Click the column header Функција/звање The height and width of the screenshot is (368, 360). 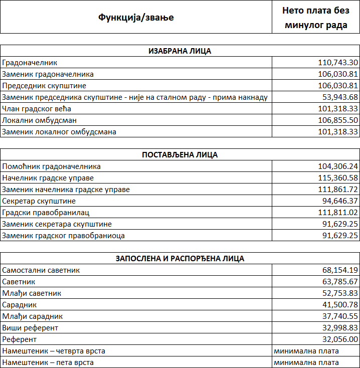(x=136, y=18)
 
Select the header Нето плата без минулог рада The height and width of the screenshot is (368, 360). (x=315, y=18)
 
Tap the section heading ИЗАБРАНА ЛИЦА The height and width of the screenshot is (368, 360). (x=180, y=51)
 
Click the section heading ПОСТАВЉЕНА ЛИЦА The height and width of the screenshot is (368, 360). (x=180, y=155)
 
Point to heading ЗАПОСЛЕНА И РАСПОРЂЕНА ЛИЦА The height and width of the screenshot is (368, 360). (x=180, y=259)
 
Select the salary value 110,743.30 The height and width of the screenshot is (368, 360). (x=338, y=63)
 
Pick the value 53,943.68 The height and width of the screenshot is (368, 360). (x=340, y=97)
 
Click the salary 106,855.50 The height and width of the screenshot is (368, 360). (x=338, y=120)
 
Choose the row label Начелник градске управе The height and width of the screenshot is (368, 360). (x=48, y=178)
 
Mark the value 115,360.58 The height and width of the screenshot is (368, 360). (x=338, y=178)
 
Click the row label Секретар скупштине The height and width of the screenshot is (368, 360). (x=39, y=201)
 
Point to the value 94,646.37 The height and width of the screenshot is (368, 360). (x=340, y=201)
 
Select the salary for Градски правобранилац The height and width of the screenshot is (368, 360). (x=338, y=213)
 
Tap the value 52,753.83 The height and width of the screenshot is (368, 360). (x=340, y=293)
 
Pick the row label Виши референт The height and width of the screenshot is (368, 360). (x=30, y=328)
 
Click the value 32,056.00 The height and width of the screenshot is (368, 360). (x=340, y=339)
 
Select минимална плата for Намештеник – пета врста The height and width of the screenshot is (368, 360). (x=306, y=362)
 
